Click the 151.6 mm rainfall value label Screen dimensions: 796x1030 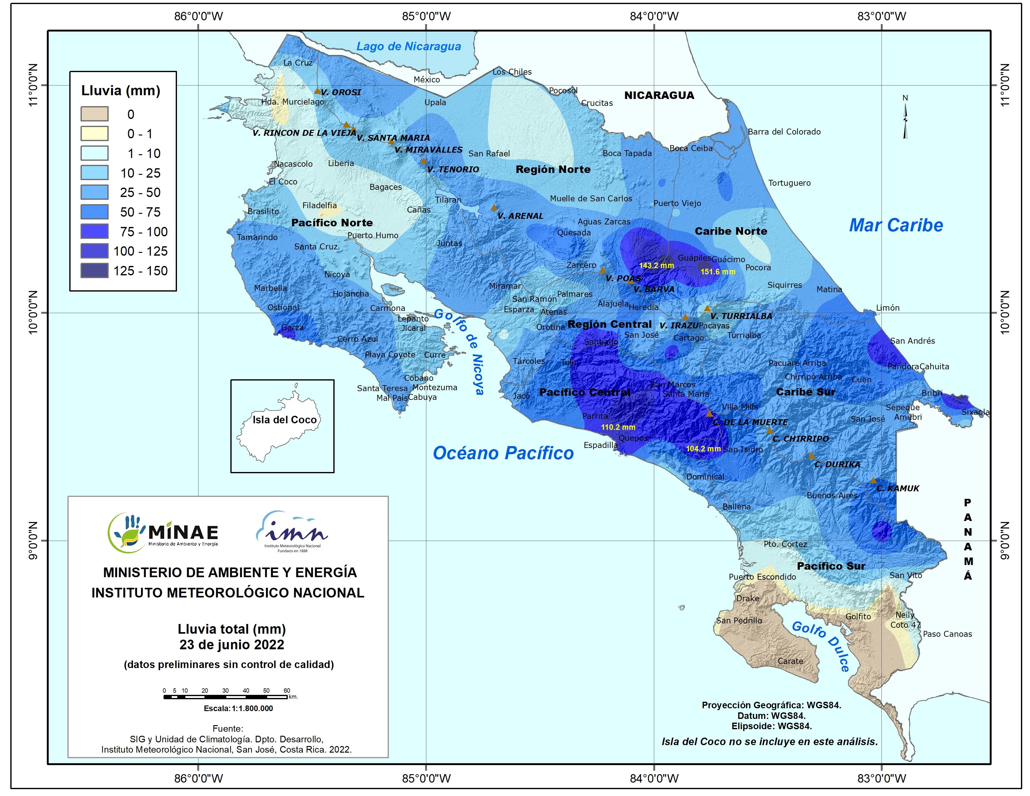pyautogui.click(x=718, y=272)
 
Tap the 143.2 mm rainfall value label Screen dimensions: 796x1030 pyautogui.click(x=656, y=266)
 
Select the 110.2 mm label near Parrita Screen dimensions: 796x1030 pyautogui.click(x=618, y=427)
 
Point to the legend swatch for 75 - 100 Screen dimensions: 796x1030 pyautogui.click(x=94, y=232)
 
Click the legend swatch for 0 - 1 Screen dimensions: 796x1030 pyautogui.click(x=94, y=134)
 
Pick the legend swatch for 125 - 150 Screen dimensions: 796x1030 pyautogui.click(x=94, y=271)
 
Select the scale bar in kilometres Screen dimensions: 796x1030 pyautogui.click(x=226, y=696)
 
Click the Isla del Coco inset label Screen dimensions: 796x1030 pyautogui.click(x=284, y=420)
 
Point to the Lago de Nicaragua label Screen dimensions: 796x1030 pyautogui.click(x=409, y=46)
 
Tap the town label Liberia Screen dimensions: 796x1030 pyautogui.click(x=341, y=163)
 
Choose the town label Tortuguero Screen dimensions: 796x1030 pyautogui.click(x=789, y=183)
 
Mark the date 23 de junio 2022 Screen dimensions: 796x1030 pyautogui.click(x=232, y=645)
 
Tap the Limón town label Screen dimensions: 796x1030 pyautogui.click(x=888, y=308)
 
